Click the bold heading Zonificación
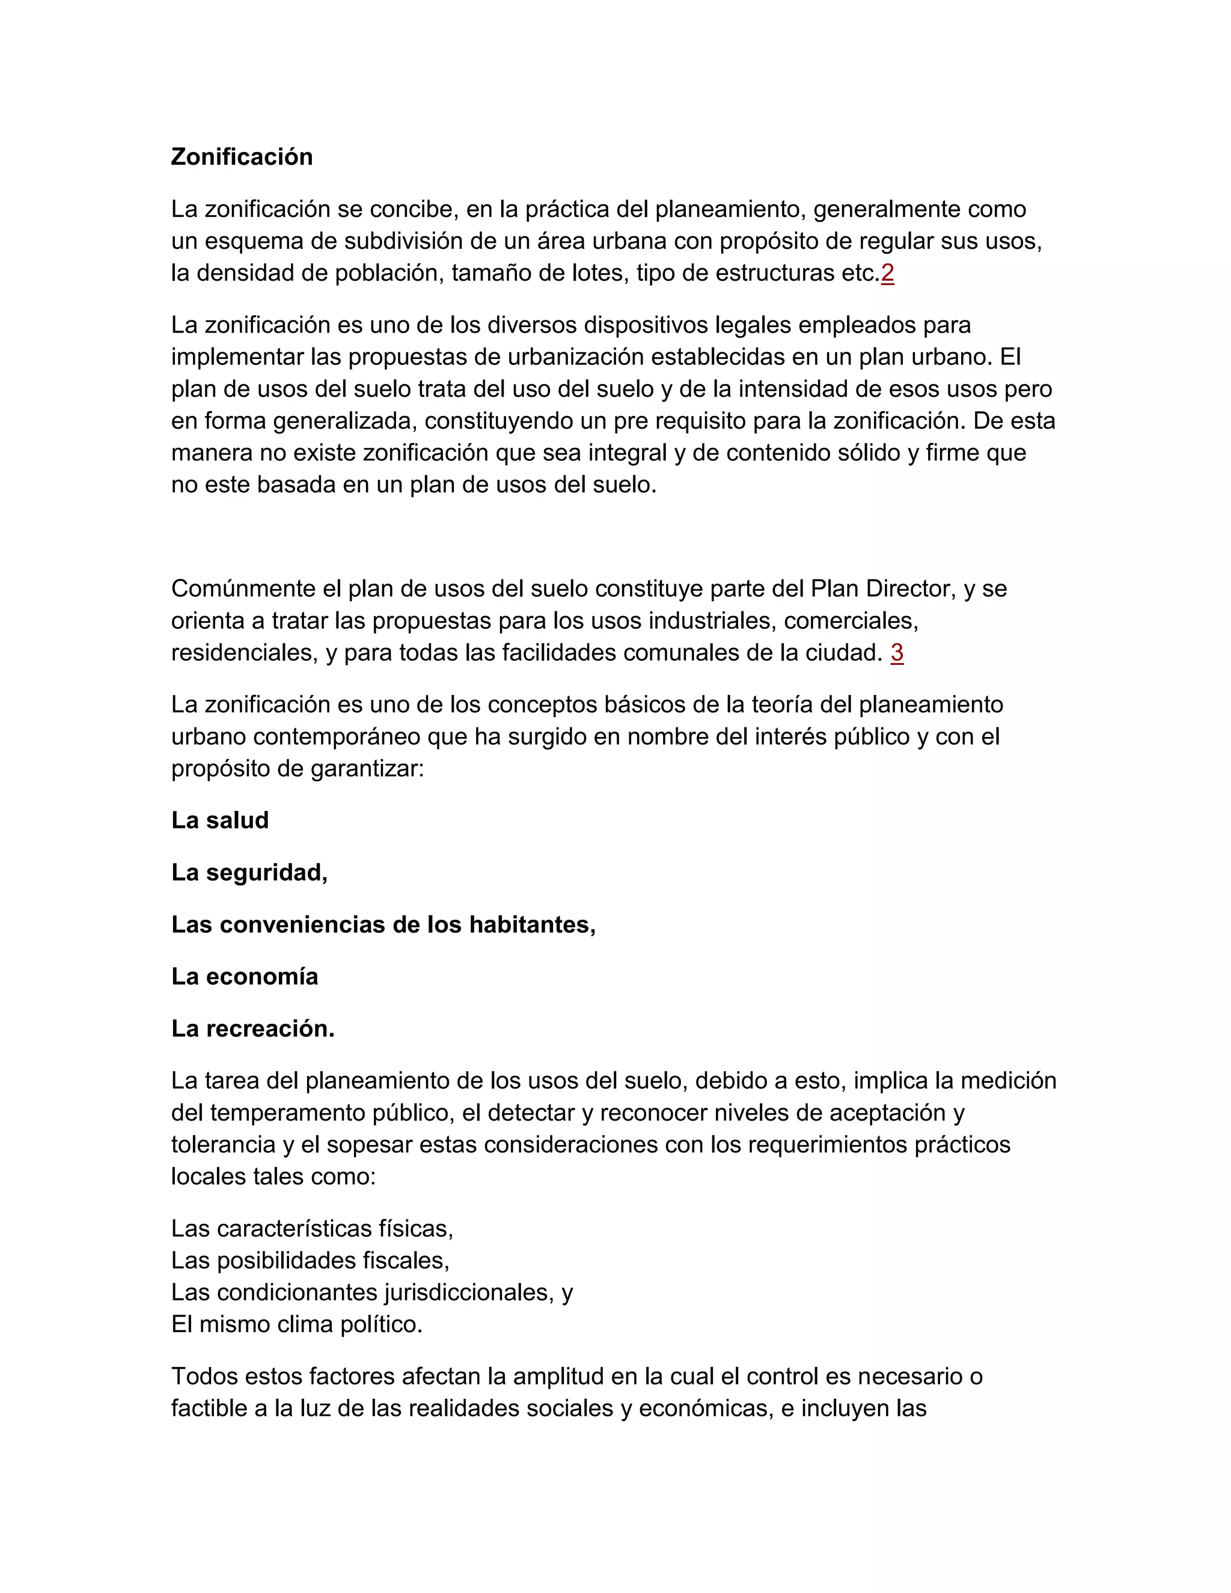pyautogui.click(x=242, y=157)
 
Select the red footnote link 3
pyautogui.click(x=896, y=653)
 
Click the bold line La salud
pyautogui.click(x=219, y=821)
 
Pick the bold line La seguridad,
pyautogui.click(x=249, y=872)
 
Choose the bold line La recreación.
pyautogui.click(x=252, y=1029)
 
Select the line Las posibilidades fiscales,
pyautogui.click(x=310, y=1261)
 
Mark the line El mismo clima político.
pyautogui.click(x=297, y=1324)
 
